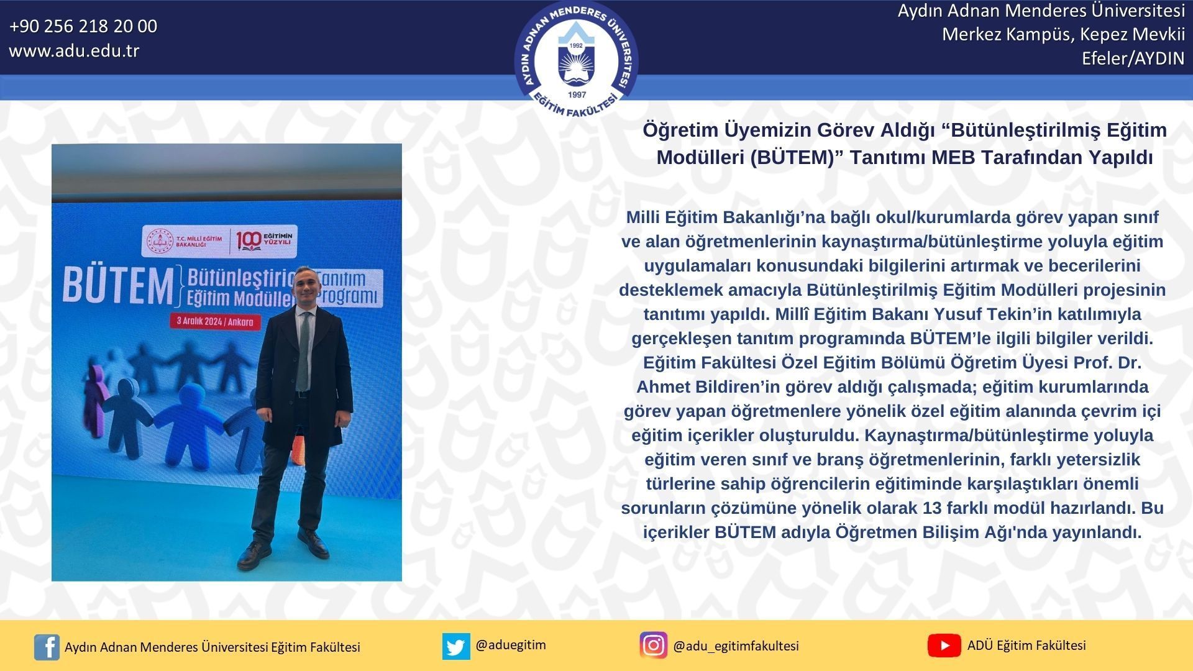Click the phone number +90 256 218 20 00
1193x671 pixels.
(x=83, y=26)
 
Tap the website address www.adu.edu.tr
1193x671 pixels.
(x=74, y=50)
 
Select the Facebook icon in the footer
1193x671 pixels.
(x=47, y=647)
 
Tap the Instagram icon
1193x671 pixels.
(x=653, y=646)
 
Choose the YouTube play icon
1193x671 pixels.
(x=944, y=646)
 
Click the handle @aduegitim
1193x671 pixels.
(x=511, y=645)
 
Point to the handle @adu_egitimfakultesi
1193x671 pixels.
(x=736, y=646)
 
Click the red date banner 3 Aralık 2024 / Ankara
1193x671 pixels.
(x=215, y=321)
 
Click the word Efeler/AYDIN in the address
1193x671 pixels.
(x=1133, y=58)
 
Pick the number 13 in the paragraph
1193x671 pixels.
(x=932, y=508)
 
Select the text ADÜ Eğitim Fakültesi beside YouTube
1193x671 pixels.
(x=1026, y=646)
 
